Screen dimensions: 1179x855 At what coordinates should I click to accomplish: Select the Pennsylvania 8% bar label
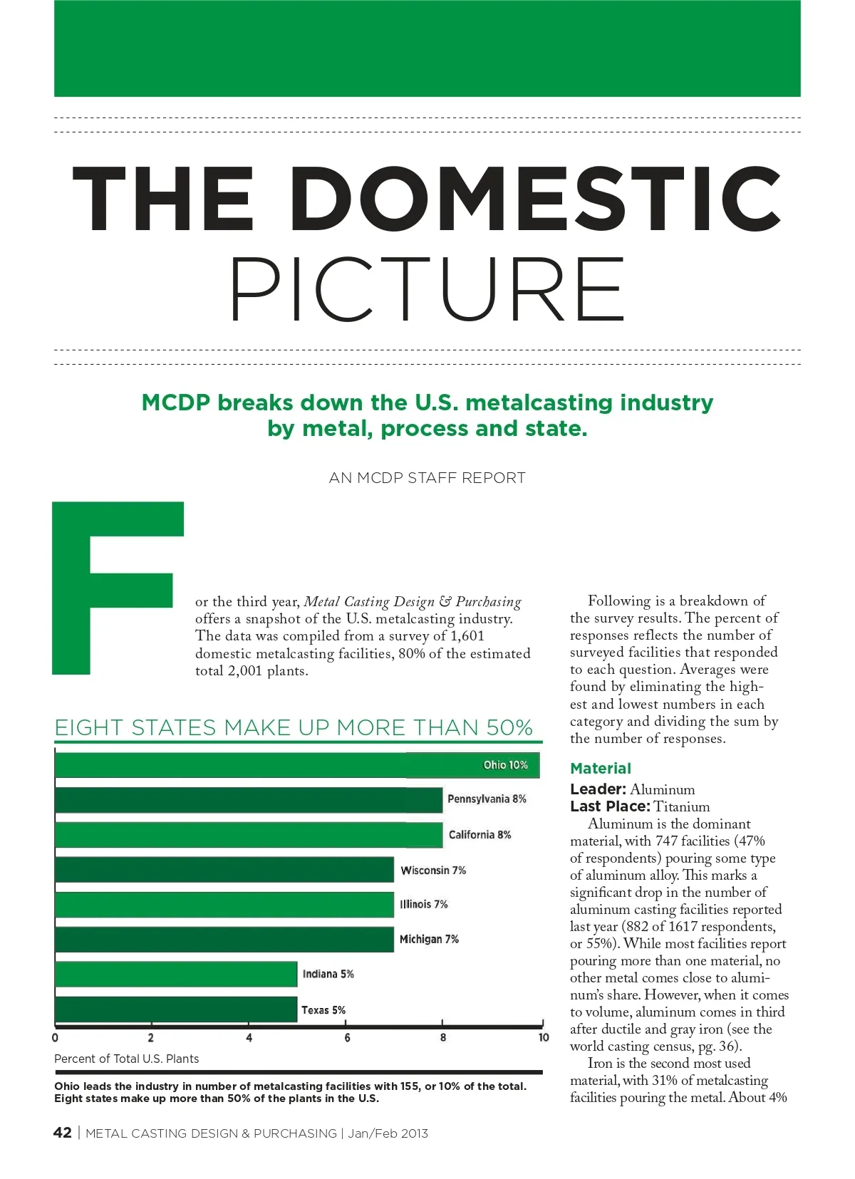(x=487, y=799)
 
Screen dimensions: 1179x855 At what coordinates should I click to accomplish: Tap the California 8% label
(x=480, y=835)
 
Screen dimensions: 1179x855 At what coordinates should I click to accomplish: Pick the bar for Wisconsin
(x=224, y=870)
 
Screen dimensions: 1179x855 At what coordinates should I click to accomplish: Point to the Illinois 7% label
(x=424, y=905)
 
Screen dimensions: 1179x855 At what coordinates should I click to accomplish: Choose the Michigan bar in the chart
(x=224, y=940)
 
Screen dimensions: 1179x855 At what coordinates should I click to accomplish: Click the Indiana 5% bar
(x=176, y=975)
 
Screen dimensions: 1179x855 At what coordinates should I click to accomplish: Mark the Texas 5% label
(x=323, y=1010)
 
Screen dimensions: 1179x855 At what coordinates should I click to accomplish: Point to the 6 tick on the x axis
(x=347, y=1038)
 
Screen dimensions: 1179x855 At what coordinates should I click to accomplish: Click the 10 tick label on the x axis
(x=544, y=1038)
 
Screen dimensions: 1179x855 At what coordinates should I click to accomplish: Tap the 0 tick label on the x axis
(x=56, y=1038)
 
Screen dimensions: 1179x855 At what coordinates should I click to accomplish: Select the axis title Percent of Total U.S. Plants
(x=127, y=1059)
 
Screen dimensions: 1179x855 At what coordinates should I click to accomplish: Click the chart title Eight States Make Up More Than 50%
(x=294, y=728)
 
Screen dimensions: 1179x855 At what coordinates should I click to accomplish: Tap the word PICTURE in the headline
(x=427, y=291)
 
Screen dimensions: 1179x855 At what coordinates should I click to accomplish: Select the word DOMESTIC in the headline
(x=535, y=199)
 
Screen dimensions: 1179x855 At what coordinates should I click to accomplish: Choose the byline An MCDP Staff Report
(x=427, y=478)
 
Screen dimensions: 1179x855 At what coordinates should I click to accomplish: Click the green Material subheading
(x=601, y=769)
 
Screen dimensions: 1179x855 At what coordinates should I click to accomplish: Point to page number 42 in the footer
(x=63, y=1133)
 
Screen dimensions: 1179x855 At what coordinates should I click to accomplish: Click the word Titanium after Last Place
(x=682, y=807)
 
